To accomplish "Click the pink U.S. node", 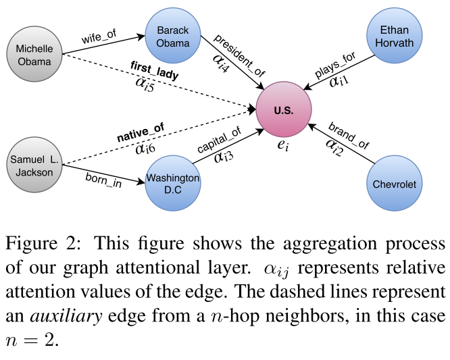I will point(284,110).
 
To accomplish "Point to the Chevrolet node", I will point(395,184).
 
